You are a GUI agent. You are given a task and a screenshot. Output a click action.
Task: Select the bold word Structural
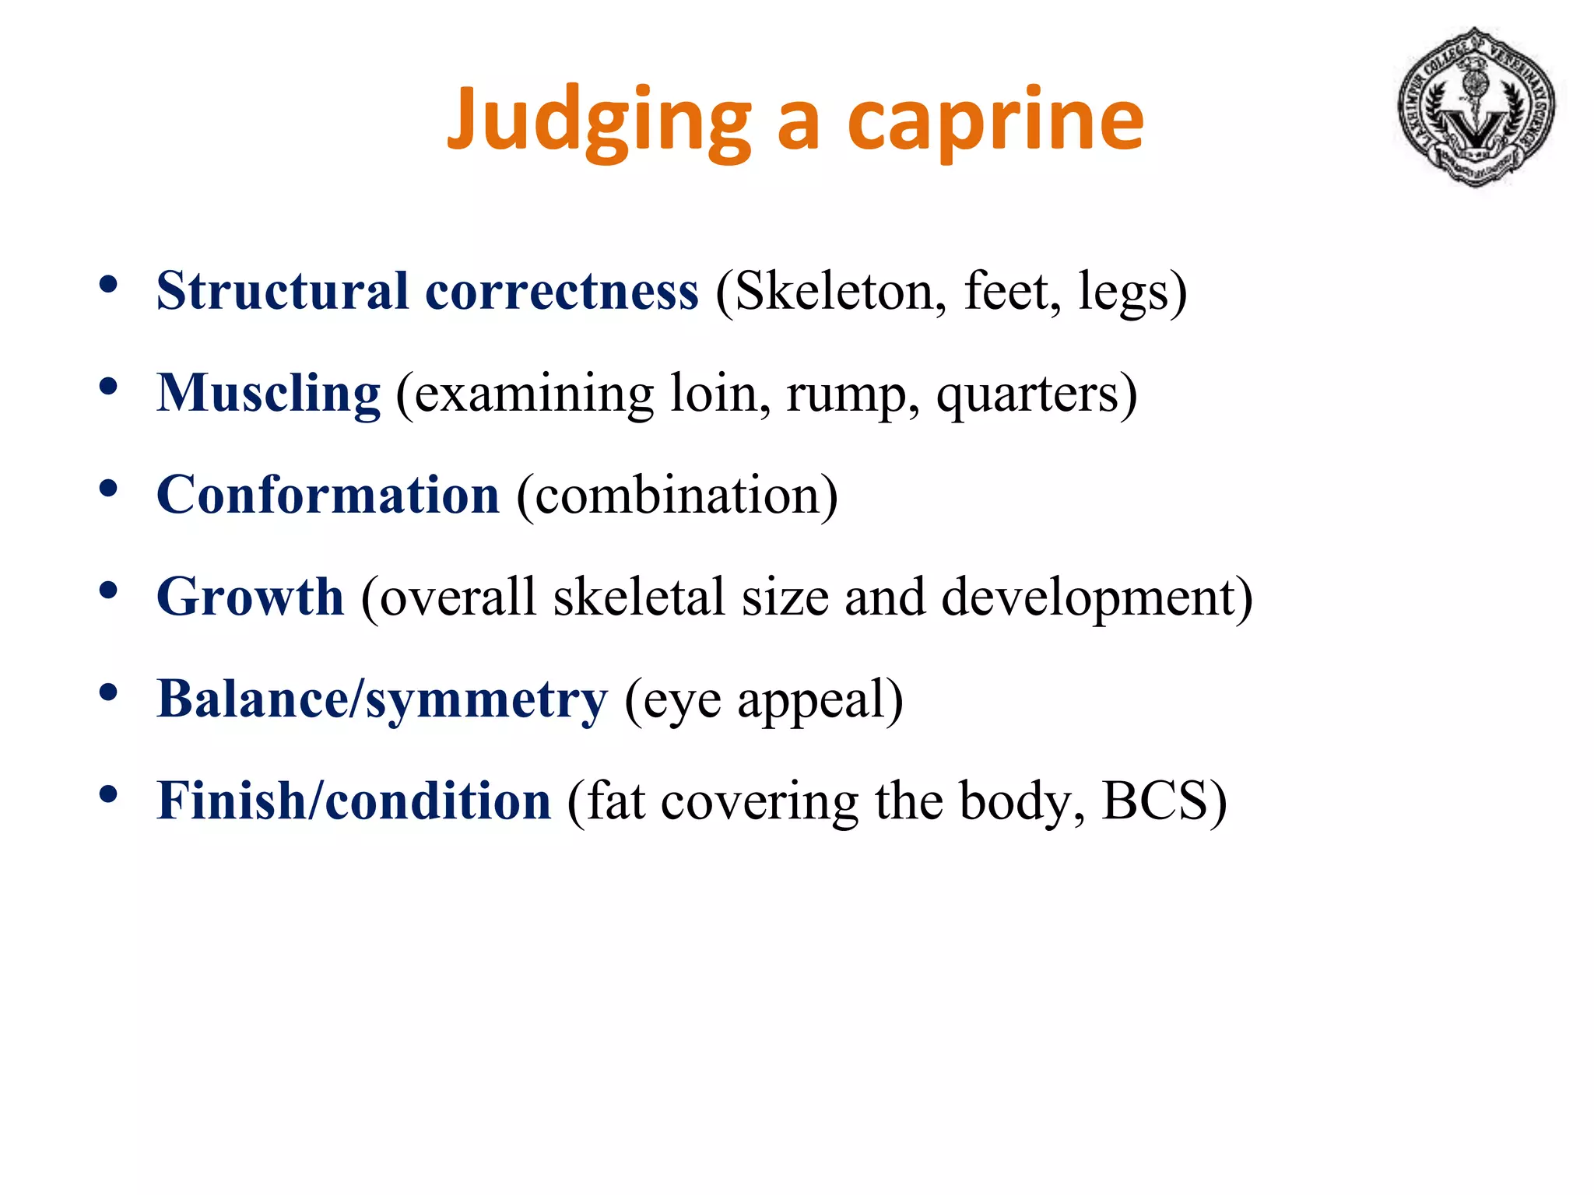pos(282,291)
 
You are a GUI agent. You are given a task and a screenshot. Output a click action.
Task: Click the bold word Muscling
pos(269,393)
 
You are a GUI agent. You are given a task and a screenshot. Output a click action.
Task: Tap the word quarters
pos(1027,394)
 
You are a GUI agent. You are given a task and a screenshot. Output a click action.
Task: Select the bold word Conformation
pos(328,495)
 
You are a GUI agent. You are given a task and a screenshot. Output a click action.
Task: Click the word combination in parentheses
pos(677,495)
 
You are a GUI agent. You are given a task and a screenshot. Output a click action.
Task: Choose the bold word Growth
pos(250,597)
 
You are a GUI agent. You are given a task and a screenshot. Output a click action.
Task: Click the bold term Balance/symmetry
pos(381,699)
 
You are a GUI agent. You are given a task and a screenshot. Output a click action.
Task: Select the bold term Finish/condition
pos(353,801)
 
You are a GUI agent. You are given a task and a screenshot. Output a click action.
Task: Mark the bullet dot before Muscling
pos(108,386)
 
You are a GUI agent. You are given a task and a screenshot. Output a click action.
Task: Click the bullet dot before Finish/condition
pos(108,794)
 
